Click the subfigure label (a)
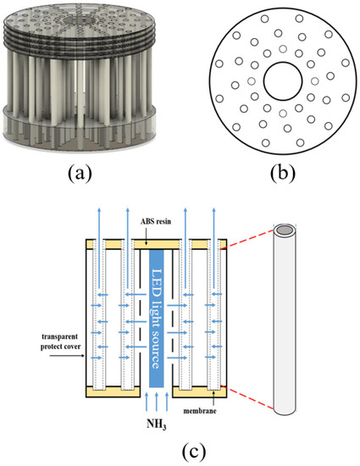click(80, 173)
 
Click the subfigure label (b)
click(283, 173)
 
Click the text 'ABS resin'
click(156, 221)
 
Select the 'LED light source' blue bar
click(156, 319)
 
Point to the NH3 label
click(156, 424)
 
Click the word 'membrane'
click(200, 411)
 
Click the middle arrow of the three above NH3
click(157, 402)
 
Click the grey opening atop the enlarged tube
click(285, 230)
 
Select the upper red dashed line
click(247, 239)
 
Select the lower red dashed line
click(247, 398)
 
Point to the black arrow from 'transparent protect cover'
click(68, 356)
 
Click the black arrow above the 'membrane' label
click(214, 399)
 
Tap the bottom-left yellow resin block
click(113, 392)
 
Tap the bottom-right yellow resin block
click(200, 392)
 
